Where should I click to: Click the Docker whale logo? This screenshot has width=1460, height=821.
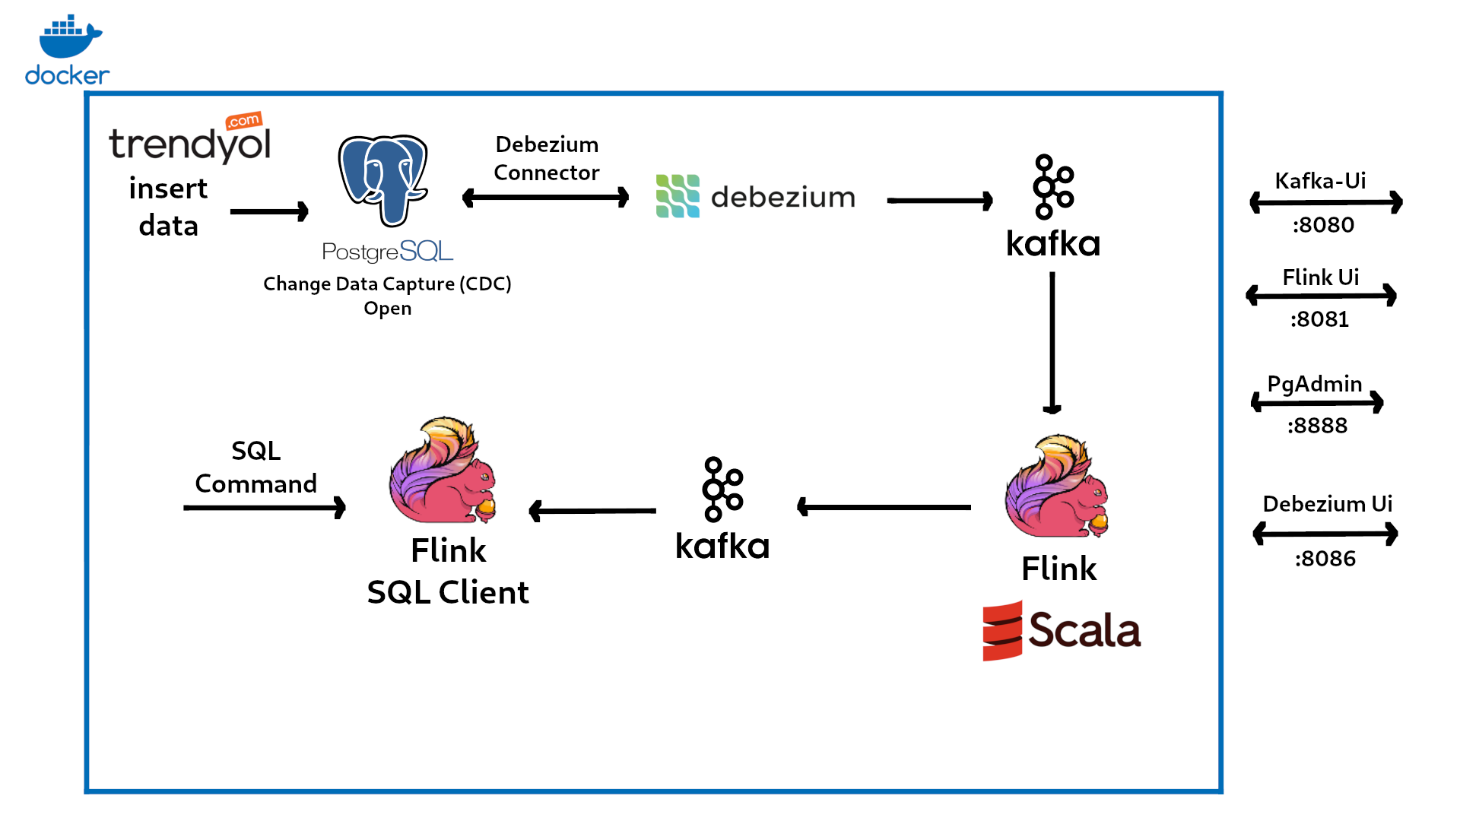click(68, 38)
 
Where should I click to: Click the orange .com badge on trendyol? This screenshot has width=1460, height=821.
click(244, 120)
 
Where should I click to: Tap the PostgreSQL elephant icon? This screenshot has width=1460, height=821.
click(383, 179)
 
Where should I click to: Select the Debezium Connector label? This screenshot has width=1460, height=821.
click(547, 158)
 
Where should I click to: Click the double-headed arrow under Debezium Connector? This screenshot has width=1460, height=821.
click(545, 198)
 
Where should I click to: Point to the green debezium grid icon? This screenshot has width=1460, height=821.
click(678, 196)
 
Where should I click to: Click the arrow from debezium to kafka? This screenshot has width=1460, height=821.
click(940, 201)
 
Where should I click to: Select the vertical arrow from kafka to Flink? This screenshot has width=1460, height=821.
click(1052, 342)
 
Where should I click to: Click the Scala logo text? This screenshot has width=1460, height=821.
click(1084, 630)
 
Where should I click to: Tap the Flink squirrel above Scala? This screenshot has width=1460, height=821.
click(1057, 487)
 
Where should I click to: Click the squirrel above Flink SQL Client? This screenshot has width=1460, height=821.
click(442, 471)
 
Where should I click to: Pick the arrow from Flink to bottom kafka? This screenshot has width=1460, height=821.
click(884, 506)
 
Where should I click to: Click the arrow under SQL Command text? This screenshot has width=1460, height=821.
click(265, 507)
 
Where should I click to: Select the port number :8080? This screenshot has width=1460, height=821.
click(1323, 225)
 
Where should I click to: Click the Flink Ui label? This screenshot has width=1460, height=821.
click(1321, 277)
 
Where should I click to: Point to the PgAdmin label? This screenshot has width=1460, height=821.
click(1315, 384)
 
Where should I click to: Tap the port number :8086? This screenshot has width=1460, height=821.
click(1325, 559)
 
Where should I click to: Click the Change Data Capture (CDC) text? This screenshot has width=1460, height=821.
click(387, 284)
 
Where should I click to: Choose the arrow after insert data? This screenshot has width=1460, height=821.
click(269, 211)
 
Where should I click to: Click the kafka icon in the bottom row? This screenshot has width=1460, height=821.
click(722, 490)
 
